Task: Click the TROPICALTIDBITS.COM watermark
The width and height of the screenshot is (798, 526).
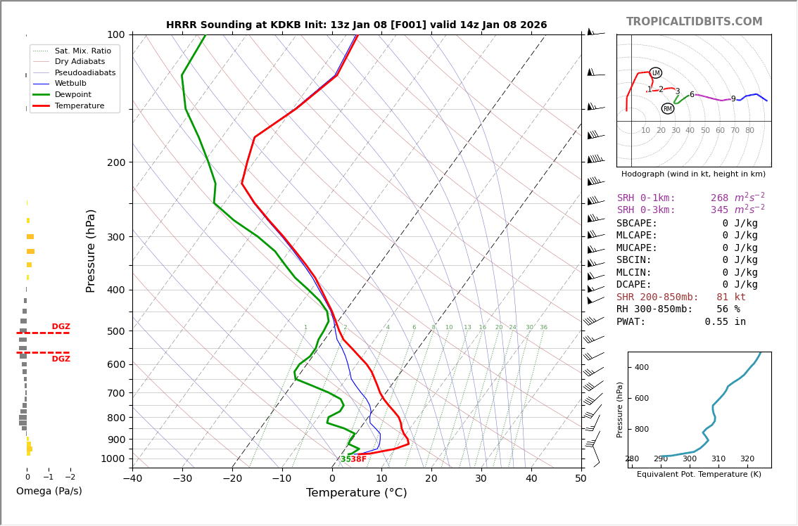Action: [x=694, y=22]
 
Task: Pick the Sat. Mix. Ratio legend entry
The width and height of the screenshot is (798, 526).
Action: [x=82, y=51]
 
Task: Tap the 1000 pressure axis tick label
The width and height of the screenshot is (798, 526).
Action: [x=113, y=459]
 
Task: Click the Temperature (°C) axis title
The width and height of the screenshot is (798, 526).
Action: [x=356, y=493]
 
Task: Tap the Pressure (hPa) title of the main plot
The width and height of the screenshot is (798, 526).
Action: [x=91, y=250]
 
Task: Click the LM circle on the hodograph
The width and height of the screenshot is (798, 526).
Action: [x=655, y=73]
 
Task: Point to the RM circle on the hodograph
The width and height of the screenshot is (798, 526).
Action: [x=667, y=109]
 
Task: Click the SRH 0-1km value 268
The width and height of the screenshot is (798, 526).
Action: [x=719, y=198]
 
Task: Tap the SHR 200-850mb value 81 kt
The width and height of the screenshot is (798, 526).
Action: [x=731, y=297]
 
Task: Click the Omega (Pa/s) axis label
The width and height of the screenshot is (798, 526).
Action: [x=49, y=492]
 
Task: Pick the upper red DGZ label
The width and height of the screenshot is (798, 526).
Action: [x=61, y=327]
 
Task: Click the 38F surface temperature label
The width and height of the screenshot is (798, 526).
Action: [x=358, y=459]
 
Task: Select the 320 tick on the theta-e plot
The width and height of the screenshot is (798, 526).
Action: [x=747, y=459]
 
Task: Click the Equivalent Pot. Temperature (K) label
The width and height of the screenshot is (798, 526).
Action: [x=699, y=475]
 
